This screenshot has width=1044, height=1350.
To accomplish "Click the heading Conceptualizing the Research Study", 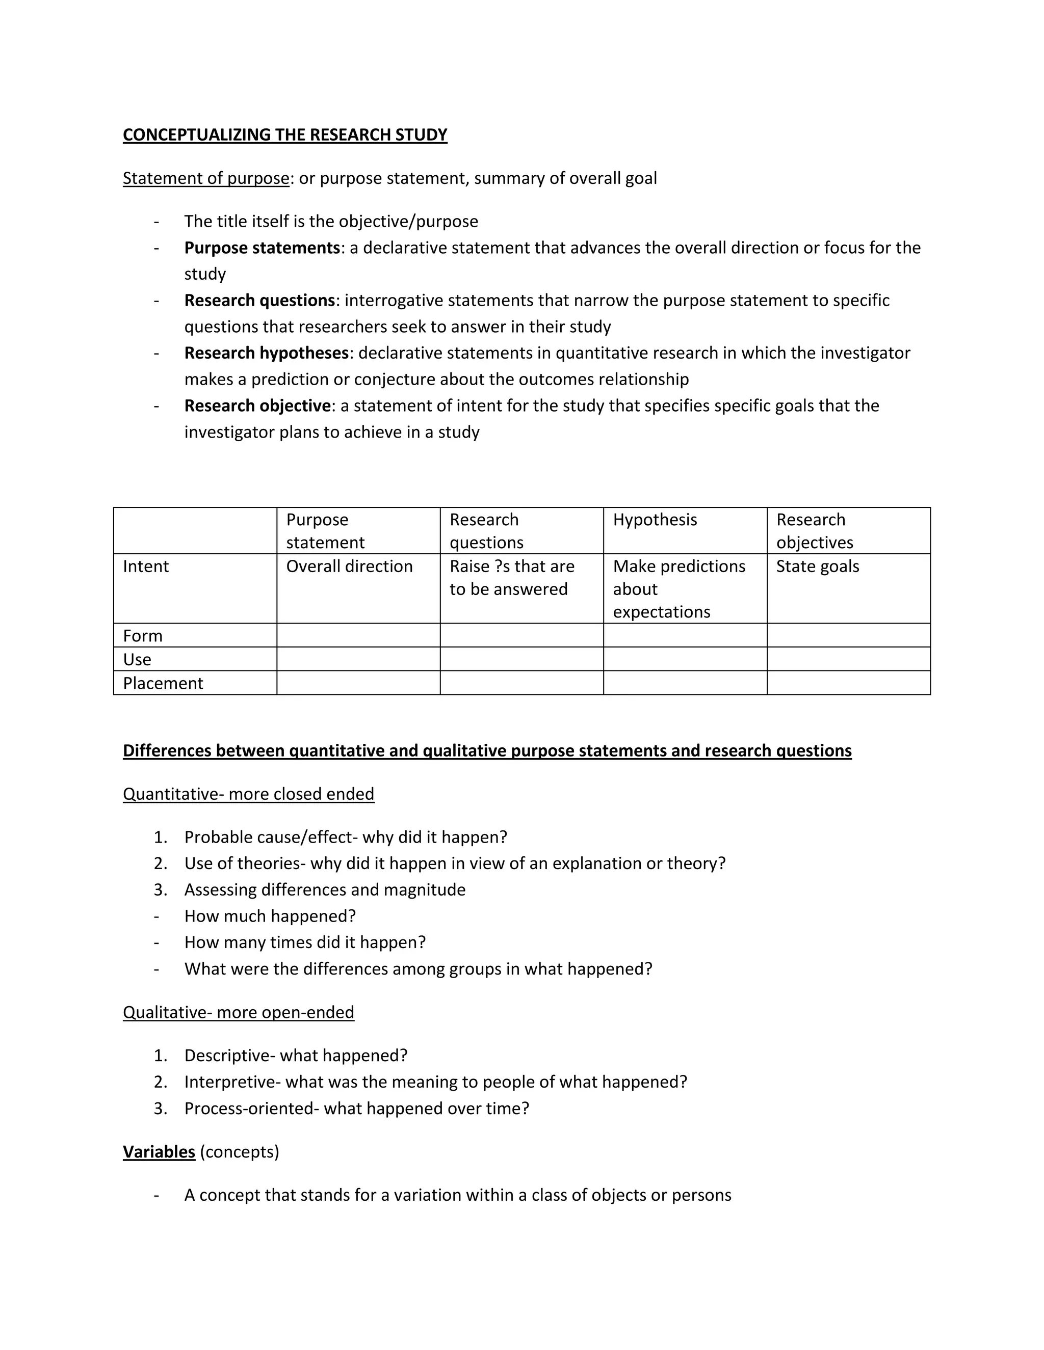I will point(284,135).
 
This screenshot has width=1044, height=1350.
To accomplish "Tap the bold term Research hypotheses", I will point(267,353).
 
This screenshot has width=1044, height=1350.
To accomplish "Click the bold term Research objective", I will point(257,406).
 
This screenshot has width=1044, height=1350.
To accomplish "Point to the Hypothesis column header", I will point(655,520).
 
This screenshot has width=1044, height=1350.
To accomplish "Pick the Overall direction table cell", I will point(349,566).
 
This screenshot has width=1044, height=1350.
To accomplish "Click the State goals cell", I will point(817,566).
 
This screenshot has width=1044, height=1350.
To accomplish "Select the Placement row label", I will point(163,683).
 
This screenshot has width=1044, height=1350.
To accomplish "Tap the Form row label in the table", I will point(142,635).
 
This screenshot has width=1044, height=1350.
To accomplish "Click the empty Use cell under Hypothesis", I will point(685,659).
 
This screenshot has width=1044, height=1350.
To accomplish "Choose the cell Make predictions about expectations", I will point(678,588).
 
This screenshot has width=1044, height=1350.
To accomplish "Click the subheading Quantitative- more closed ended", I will point(249,794).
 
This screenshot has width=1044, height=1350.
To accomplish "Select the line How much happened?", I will point(270,916).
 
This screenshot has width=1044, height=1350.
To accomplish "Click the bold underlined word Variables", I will point(159,1152).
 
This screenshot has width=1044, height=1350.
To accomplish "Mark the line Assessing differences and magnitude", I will point(325,889).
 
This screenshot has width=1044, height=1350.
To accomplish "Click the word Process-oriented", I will point(251,1109).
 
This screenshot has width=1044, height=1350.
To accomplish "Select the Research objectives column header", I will point(814,531).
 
